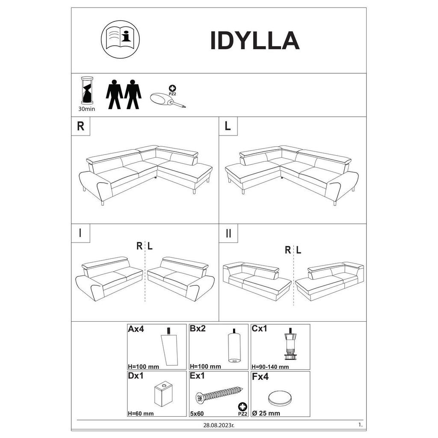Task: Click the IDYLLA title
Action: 255,41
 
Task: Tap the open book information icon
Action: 120,39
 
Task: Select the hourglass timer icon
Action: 87,91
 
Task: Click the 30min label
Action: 86,109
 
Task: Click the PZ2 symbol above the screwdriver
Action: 173,91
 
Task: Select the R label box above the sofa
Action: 81,126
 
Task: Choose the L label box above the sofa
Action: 228,126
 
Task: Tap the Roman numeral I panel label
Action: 80,233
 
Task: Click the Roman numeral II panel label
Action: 228,233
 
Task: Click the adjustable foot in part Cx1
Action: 290,343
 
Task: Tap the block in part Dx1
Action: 163,395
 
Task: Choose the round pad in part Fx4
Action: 280,398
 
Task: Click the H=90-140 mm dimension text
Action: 270,367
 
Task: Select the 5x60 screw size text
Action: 197,414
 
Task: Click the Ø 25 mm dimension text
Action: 266,413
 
